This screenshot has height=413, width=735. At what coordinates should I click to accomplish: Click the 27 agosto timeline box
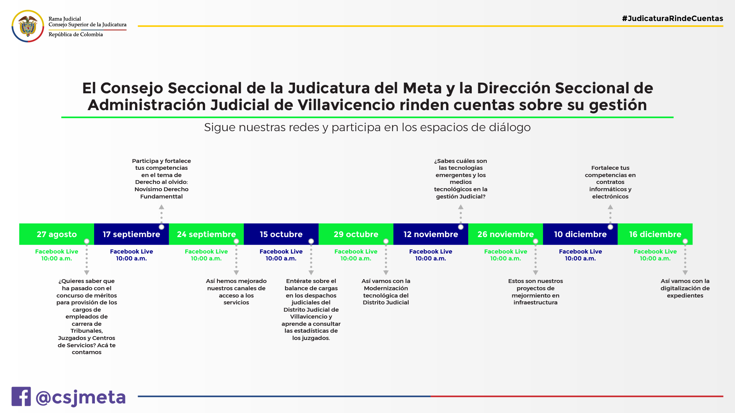coord(57,234)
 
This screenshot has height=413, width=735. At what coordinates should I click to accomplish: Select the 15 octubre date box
coord(281,234)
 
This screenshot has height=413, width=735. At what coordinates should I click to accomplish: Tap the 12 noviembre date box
coord(430,234)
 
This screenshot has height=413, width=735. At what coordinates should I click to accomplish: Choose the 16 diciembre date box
coord(655,234)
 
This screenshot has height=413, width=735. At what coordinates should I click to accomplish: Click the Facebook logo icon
coord(21,397)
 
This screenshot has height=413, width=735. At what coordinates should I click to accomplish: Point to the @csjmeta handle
coord(81,397)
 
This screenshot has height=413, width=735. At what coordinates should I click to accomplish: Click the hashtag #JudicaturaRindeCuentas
coord(672,18)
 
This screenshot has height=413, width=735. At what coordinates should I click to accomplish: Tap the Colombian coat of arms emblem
coord(28,26)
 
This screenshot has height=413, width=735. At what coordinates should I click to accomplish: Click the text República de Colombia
coord(76,34)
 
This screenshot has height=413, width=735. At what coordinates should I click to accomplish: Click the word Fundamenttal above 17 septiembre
coord(161,197)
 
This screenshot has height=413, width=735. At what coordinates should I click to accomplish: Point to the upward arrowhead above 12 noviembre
coord(461,207)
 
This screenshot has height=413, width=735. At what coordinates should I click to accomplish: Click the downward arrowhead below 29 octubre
coord(386,273)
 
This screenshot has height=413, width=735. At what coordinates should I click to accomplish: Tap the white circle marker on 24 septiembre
coord(236,241)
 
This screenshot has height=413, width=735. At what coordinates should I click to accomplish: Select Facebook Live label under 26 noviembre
coord(505,252)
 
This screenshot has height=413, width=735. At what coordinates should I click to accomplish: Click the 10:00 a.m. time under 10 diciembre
coord(580,259)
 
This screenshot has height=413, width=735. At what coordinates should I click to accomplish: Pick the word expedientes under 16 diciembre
coord(685,296)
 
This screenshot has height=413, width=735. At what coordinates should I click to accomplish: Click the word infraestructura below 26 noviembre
coord(535,302)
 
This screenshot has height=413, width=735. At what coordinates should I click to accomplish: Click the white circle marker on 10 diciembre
coord(610,227)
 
